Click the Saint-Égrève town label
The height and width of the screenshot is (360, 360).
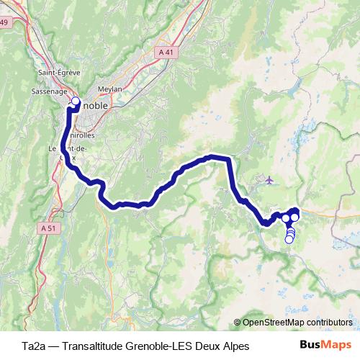click(58, 73)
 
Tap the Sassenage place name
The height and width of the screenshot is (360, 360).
click(50, 92)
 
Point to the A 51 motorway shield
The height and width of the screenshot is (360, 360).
click(48, 228)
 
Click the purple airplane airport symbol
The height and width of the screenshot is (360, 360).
click(269, 179)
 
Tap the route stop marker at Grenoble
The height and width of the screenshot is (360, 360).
click(76, 101)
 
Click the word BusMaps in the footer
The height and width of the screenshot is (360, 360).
click(325, 345)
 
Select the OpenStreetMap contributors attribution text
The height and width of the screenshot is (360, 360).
click(297, 323)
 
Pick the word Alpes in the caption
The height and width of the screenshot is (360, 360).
click(235, 346)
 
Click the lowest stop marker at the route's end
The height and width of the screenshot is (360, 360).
click(289, 240)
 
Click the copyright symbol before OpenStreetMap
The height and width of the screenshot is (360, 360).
click(238, 323)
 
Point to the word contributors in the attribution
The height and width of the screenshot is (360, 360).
click(330, 323)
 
